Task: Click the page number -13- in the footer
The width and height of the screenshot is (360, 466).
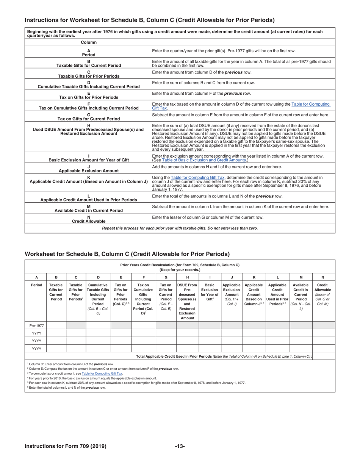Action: coord(180,446)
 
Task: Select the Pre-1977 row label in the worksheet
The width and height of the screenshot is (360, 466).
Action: coord(36,325)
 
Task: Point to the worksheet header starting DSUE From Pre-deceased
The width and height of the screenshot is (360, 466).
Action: coord(188,301)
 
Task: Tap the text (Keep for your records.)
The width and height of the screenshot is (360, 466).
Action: coord(180,270)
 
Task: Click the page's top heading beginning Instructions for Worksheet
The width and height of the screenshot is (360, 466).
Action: coord(150,20)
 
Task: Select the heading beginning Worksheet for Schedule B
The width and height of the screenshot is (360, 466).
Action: coord(127,253)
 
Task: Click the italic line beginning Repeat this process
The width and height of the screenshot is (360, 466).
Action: coord(180,228)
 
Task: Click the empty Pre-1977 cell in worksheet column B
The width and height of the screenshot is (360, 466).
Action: coord(56,325)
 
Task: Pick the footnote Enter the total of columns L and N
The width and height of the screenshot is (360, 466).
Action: coord(66,387)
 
